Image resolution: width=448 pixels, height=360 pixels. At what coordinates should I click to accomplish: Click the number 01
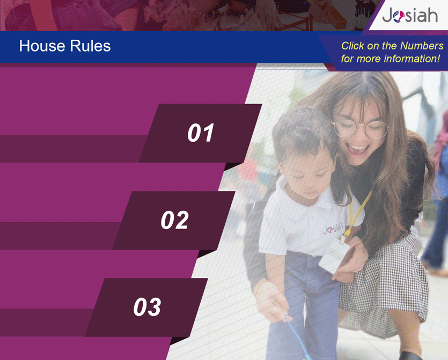201,133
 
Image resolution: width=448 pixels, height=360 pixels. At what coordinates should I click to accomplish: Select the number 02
174,220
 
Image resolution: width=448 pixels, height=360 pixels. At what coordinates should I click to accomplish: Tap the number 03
147,306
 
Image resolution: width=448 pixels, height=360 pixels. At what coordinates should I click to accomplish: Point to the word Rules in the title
90,46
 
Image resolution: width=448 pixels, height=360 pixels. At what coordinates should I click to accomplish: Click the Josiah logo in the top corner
410,15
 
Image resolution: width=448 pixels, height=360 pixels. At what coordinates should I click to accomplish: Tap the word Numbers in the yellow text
422,46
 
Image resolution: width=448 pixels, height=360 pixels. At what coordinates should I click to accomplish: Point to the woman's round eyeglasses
360,128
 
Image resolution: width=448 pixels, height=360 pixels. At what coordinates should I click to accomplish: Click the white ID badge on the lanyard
334,255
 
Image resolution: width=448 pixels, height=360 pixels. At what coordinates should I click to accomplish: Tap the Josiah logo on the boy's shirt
333,228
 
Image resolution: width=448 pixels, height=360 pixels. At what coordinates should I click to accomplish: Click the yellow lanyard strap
359,208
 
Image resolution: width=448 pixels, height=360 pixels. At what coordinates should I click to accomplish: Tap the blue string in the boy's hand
297,337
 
